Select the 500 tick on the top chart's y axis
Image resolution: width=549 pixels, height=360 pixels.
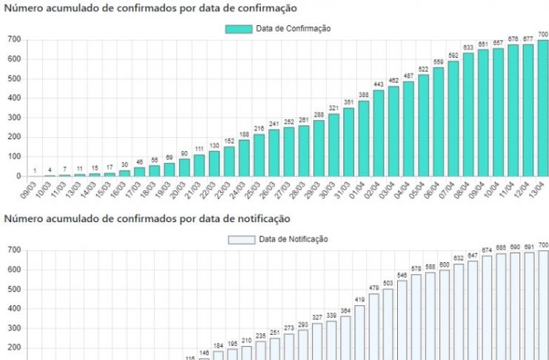tap(14, 79)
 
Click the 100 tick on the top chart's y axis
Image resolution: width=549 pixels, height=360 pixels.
tap(14, 157)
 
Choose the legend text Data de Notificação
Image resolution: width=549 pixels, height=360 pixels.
tap(293, 239)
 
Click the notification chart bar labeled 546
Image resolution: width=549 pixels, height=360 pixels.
tap(402, 319)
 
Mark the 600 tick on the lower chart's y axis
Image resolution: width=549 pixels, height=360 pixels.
tap(14, 270)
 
